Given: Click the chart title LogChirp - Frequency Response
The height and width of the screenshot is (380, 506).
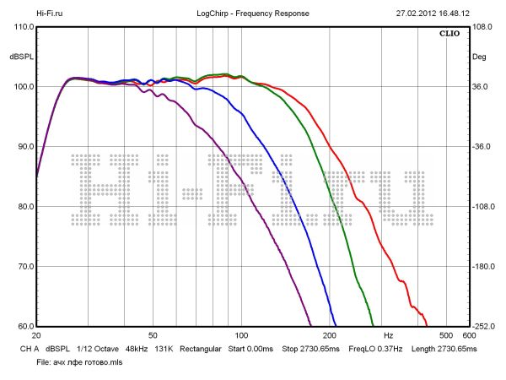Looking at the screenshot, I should (252, 14).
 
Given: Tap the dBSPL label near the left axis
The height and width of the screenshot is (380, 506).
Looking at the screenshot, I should (21, 57).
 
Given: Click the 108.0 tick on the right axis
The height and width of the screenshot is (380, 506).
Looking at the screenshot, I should (481, 27).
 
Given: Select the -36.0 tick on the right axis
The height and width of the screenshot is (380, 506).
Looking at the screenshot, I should (481, 147).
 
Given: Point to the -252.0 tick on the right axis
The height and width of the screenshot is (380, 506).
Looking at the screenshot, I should (481, 327).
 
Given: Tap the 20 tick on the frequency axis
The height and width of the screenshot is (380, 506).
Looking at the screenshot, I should (36, 335).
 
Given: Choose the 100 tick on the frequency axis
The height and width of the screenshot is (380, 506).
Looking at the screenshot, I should (242, 335).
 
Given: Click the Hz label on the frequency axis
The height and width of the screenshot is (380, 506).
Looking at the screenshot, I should (389, 335).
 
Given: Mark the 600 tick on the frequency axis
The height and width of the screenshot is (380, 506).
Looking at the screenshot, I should (469, 335).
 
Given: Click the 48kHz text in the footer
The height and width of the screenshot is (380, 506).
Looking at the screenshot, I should (137, 348).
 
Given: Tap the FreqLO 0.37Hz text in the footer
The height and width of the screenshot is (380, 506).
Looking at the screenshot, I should (373, 348).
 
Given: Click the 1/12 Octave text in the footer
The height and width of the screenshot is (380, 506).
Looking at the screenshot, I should (97, 348).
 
